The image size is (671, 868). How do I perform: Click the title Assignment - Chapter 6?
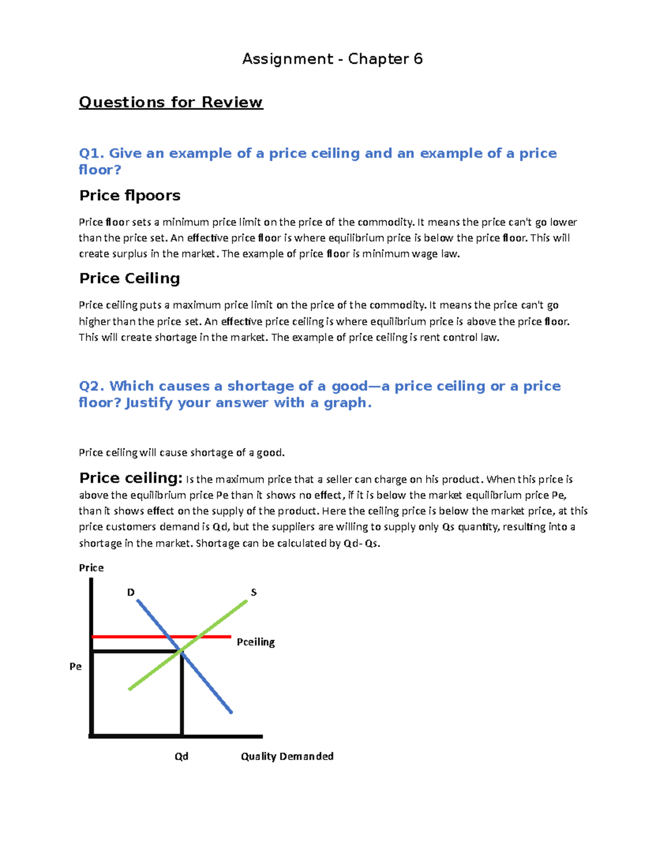332,59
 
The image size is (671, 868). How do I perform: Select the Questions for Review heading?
171,102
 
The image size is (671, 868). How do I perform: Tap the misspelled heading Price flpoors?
130,195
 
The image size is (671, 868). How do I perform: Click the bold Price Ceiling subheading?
129,278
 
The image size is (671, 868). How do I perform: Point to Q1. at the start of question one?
92,153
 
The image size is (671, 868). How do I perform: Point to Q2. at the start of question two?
92,386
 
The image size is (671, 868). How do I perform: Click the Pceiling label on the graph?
256,642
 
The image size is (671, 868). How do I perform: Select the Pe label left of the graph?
75,666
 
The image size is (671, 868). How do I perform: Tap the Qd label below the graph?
181,756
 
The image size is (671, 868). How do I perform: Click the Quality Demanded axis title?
287,756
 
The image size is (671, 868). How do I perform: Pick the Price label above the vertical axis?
91,568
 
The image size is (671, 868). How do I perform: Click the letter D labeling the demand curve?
131,592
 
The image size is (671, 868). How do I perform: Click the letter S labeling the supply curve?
253,592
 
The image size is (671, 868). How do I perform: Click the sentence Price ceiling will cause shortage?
182,453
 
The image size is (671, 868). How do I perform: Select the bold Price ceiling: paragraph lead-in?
130,478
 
